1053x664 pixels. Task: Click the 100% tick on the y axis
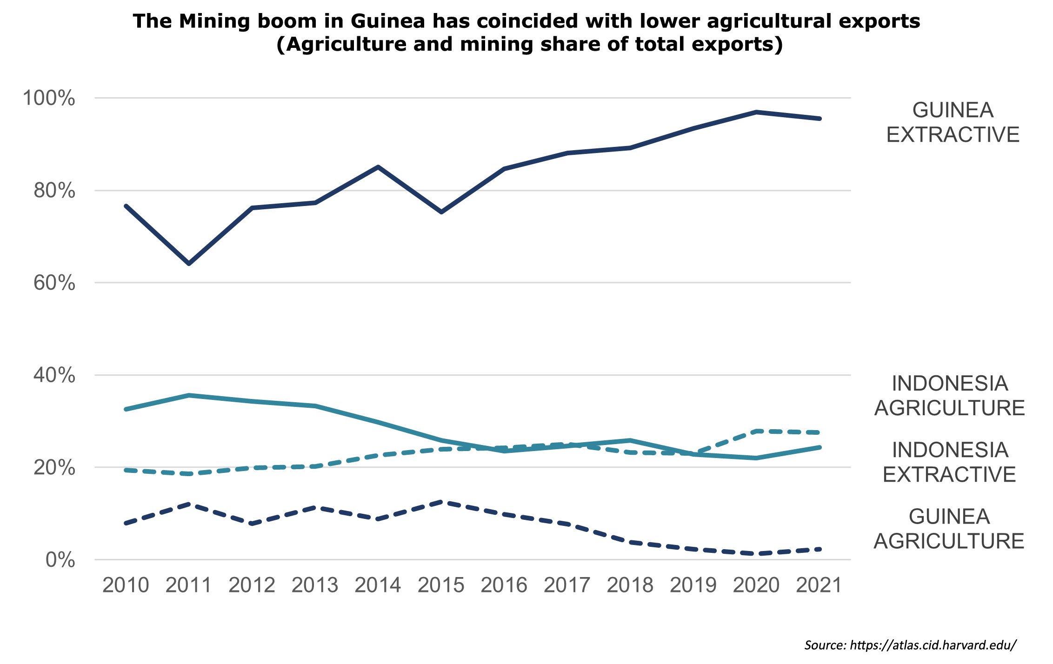(x=49, y=98)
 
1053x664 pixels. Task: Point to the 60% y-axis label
(x=54, y=283)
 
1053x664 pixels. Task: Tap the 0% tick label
(x=60, y=560)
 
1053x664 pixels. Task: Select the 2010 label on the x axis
(x=126, y=585)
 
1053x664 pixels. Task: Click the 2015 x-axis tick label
(x=441, y=585)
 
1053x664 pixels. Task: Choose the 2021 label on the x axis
(x=819, y=585)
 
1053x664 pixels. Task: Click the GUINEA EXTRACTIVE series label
(x=953, y=122)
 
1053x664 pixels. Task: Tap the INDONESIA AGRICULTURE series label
(x=949, y=396)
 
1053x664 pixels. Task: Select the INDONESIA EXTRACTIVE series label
(x=949, y=462)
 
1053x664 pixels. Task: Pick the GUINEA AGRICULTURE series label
(x=949, y=529)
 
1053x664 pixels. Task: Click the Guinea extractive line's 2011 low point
(x=189, y=264)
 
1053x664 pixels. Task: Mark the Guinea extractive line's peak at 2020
(x=756, y=112)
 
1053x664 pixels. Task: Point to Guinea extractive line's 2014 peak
(x=378, y=166)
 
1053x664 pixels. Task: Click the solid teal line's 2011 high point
(x=189, y=395)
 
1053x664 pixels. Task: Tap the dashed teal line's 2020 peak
(x=756, y=431)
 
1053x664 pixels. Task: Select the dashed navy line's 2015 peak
(x=441, y=502)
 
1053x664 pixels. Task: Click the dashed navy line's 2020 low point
(x=756, y=554)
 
